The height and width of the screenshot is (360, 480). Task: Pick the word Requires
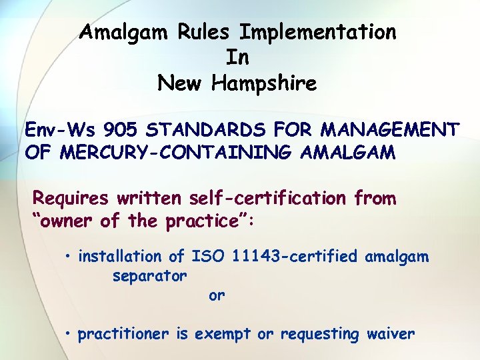(71, 198)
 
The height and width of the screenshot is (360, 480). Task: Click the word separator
(149, 275)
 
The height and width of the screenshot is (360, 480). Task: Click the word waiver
(391, 334)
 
